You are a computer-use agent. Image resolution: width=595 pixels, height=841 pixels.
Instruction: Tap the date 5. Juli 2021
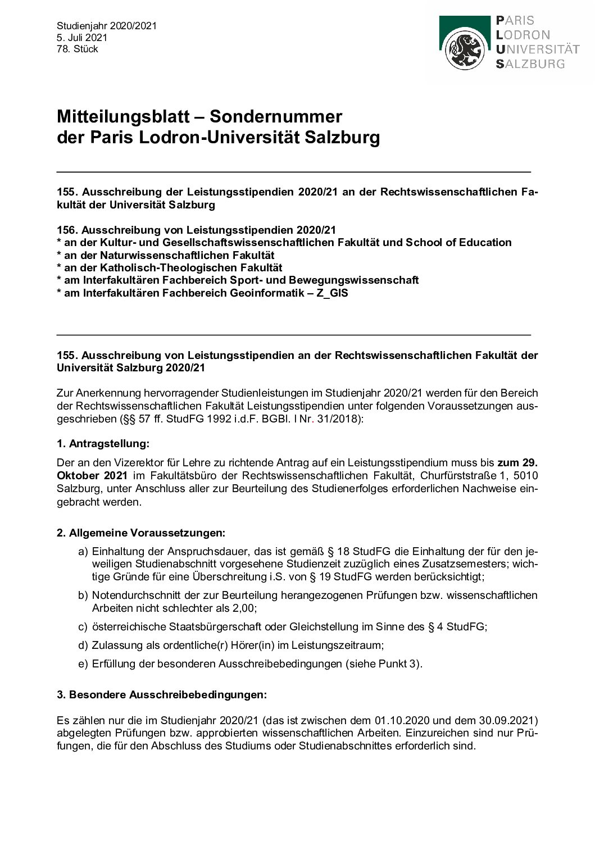pyautogui.click(x=81, y=38)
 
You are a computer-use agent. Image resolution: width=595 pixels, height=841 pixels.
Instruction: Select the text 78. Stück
pyautogui.click(x=77, y=49)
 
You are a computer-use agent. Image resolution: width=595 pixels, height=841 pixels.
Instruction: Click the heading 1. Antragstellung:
pyautogui.click(x=103, y=444)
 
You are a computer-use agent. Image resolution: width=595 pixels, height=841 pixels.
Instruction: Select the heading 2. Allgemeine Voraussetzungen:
pyautogui.click(x=141, y=533)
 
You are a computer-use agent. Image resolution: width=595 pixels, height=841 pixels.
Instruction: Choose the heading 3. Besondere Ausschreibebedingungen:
pyautogui.click(x=162, y=694)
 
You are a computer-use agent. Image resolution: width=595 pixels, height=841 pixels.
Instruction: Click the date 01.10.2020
pyautogui.click(x=406, y=720)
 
